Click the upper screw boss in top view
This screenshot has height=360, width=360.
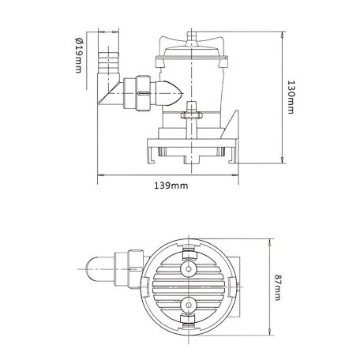(x=188, y=271)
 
